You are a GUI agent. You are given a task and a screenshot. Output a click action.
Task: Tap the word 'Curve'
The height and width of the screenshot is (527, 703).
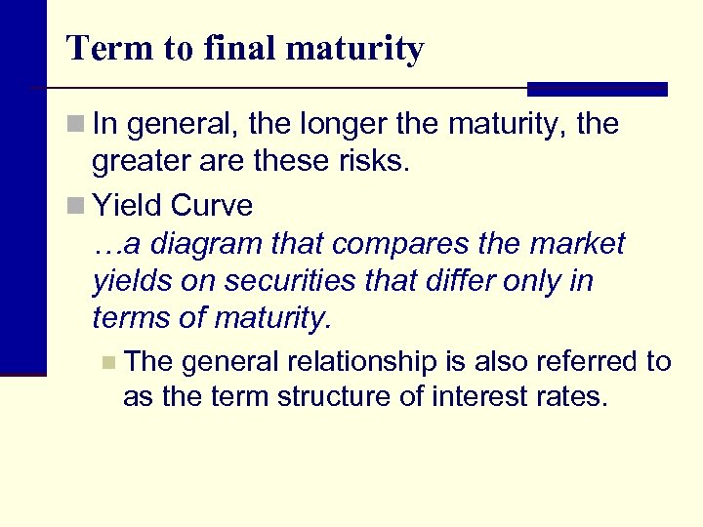pyautogui.click(x=210, y=205)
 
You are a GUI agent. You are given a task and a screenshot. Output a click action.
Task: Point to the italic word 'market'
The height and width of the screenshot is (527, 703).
pyautogui.click(x=581, y=243)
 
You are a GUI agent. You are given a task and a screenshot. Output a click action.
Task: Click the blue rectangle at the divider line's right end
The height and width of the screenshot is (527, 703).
pyautogui.click(x=597, y=89)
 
